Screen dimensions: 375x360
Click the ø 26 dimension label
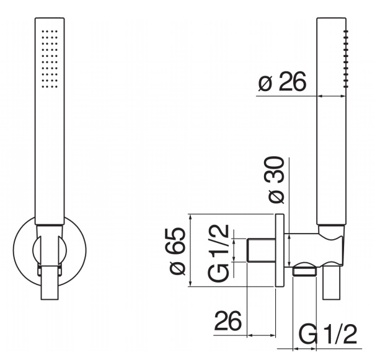282,81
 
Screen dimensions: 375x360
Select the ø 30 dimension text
276,180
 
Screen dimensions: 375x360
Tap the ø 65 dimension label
177,251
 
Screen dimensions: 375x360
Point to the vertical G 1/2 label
218,253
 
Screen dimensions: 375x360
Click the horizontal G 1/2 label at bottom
328,334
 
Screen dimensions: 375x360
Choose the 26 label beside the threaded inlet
228,321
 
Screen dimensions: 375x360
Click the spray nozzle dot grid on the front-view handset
50,59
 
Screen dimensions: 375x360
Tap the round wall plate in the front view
50,250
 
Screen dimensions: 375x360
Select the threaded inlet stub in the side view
261,250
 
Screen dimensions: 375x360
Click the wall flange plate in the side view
280,250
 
